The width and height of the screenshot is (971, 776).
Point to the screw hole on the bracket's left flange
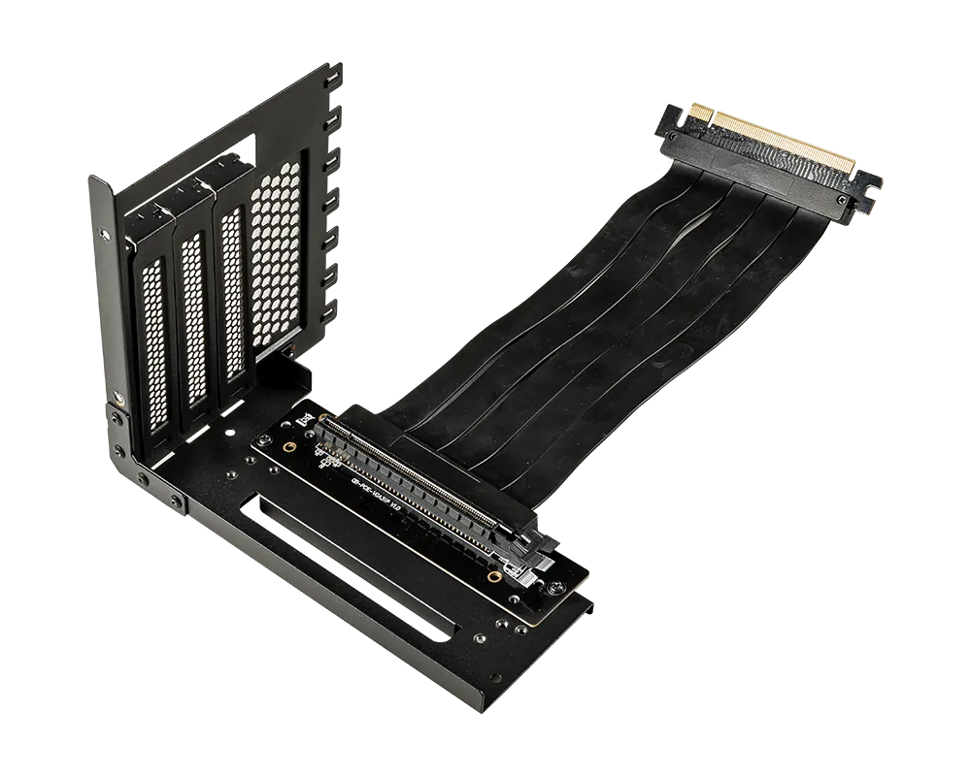(x=118, y=397)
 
